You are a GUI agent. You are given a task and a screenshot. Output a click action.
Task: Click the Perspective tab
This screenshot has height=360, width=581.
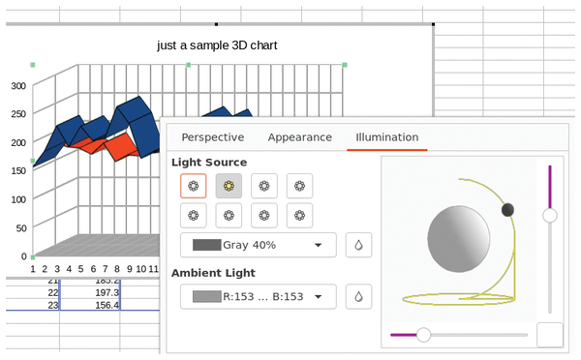pyautogui.click(x=212, y=137)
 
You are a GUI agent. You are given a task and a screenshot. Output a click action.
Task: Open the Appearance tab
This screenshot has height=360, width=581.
pyautogui.click(x=299, y=137)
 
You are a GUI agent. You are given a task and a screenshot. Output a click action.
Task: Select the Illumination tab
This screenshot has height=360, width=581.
pyautogui.click(x=387, y=137)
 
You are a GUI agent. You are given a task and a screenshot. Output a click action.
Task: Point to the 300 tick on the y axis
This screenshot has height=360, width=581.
pyautogui.click(x=17, y=85)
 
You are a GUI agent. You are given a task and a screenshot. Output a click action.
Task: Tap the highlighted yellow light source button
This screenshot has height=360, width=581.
pyautogui.click(x=229, y=185)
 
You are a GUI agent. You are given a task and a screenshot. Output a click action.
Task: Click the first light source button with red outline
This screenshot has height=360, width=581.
pyautogui.click(x=193, y=185)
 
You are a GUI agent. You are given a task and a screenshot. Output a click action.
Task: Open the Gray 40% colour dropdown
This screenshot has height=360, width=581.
pyautogui.click(x=258, y=245)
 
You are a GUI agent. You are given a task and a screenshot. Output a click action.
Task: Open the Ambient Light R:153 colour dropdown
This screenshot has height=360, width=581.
pyautogui.click(x=258, y=296)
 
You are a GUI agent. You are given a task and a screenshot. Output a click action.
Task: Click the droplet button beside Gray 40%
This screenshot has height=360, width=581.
pyautogui.click(x=358, y=245)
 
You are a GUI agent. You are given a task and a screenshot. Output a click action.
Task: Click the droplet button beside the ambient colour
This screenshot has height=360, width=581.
pyautogui.click(x=358, y=296)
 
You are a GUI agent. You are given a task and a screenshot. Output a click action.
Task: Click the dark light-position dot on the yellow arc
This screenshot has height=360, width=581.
pyautogui.click(x=507, y=210)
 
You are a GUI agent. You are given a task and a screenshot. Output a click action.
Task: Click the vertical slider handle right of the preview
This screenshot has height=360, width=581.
pyautogui.click(x=550, y=215)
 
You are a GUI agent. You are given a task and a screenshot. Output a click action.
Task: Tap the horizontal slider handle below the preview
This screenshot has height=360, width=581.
pyautogui.click(x=423, y=334)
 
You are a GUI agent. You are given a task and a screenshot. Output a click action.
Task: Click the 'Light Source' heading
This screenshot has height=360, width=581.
pyautogui.click(x=209, y=162)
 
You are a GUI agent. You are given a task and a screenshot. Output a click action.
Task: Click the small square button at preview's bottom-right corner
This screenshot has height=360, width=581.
pyautogui.click(x=550, y=335)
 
